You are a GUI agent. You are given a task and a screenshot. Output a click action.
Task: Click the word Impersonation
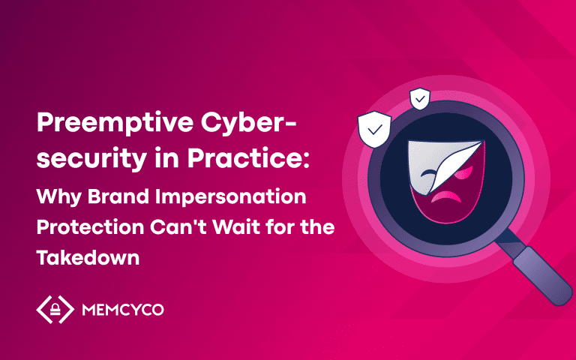tap(231, 198)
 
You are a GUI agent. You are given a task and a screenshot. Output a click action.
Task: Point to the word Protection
tap(90, 227)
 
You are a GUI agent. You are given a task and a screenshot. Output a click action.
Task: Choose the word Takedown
tap(88, 257)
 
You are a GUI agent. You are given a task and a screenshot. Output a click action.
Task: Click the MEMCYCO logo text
tap(123, 310)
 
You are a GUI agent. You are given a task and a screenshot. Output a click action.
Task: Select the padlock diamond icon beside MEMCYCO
tap(55, 309)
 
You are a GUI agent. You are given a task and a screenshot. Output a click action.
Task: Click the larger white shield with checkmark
tap(374, 129)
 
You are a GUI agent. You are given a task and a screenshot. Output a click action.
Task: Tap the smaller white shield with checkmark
tap(420, 98)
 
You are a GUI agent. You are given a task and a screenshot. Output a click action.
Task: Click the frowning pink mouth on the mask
tap(446, 197)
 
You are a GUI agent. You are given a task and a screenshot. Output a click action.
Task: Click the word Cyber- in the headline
tap(248, 124)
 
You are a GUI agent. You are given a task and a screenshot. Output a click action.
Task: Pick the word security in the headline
tap(91, 158)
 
